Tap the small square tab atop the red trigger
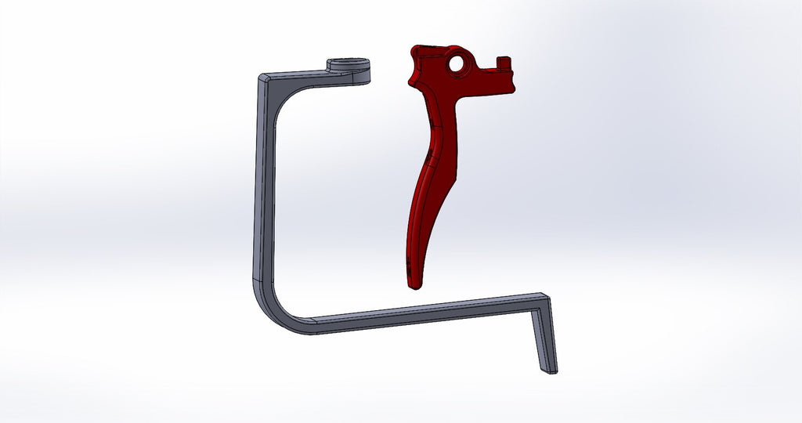[x=504, y=61]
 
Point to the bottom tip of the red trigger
[x=412, y=286]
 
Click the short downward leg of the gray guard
[x=544, y=337]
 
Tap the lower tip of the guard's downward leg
[x=552, y=369]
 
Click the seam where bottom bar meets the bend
[x=311, y=325]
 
